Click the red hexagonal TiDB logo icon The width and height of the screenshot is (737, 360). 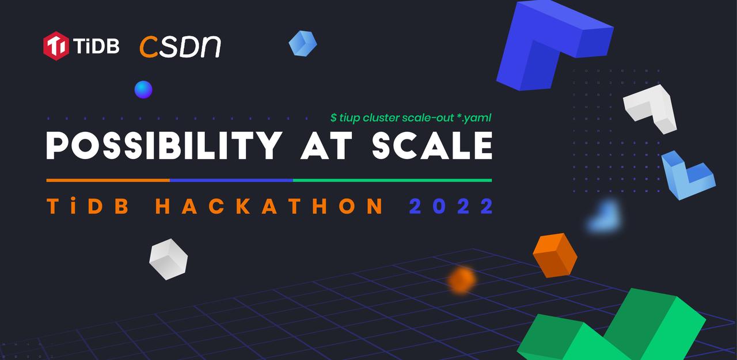56,46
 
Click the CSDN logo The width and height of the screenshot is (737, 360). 180,47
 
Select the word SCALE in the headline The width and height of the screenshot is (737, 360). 432,146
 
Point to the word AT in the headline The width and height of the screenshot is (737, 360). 326,146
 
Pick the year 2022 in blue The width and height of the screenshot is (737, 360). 451,206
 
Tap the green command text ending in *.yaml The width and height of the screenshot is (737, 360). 411,118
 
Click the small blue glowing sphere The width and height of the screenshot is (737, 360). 143,89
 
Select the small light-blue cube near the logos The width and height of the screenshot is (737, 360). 303,43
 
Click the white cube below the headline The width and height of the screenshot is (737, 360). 169,259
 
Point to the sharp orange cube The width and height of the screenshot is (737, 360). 555,255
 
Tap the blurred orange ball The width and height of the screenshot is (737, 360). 462,280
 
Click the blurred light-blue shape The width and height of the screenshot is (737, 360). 605,217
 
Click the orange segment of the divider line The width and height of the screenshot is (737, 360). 108,180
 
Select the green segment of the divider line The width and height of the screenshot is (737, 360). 393,180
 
